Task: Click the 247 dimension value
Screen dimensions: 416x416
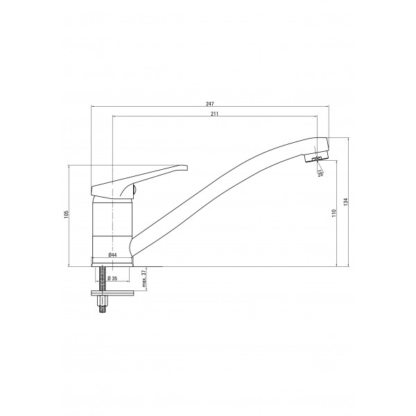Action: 210,104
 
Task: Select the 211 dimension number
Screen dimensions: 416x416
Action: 214,114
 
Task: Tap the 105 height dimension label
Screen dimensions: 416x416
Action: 67,214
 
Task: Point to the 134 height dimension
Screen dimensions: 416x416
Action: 345,202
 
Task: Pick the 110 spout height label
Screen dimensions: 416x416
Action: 333,213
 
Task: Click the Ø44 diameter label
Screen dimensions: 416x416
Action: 112,255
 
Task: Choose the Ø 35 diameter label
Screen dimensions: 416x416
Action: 113,278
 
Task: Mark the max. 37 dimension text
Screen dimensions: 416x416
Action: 144,279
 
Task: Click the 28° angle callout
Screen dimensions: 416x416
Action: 320,174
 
